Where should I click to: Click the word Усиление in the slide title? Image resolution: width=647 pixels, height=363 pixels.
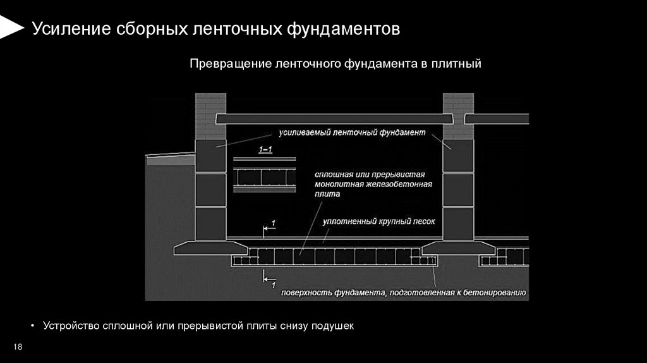71,29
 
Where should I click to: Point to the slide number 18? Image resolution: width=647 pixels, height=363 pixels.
18,347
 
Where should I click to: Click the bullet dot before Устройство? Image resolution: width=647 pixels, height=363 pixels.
33,326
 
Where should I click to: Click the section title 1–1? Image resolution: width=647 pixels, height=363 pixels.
265,149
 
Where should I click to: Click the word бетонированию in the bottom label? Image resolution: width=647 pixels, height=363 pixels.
495,293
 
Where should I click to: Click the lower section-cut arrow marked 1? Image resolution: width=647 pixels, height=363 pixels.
269,278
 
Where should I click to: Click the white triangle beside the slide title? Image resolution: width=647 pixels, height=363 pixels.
10,28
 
